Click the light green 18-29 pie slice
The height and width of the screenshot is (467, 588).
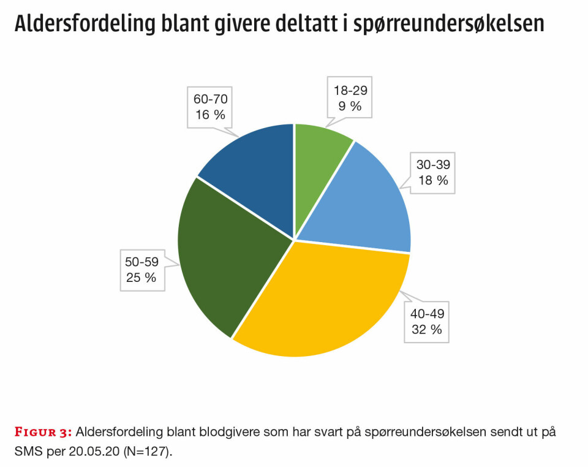(318, 165)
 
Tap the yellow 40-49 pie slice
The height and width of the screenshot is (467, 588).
(325, 300)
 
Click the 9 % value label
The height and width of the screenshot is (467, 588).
(350, 106)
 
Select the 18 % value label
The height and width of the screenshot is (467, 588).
(433, 180)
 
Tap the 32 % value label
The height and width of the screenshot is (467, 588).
(427, 329)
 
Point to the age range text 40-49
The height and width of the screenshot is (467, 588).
(427, 314)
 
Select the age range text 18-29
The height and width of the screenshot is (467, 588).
(350, 91)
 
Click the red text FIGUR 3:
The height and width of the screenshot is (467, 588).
(43, 432)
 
